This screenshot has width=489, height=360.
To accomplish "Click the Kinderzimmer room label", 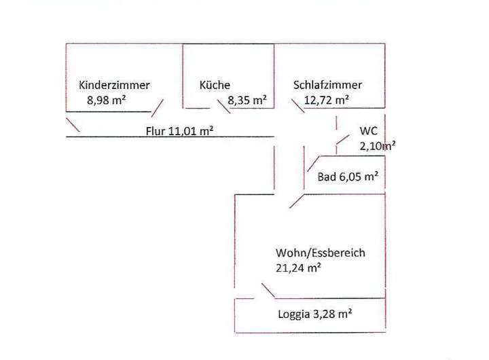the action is tap(114, 85).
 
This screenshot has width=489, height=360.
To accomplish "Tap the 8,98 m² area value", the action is tap(107, 100).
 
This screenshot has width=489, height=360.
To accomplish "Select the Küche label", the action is tap(215, 85).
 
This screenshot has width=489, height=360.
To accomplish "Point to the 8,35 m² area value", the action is tap(247, 100).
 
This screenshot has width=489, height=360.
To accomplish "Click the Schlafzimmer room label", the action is tap(327, 85).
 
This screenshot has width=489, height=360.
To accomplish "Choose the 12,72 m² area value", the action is tap(326, 100).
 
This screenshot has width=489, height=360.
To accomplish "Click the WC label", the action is tap(368, 131).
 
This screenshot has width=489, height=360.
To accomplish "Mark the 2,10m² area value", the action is tap(378, 145).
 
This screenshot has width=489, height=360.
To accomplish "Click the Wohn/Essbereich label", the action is tap(321, 253).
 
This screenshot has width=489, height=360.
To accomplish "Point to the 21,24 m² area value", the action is tap(298, 268).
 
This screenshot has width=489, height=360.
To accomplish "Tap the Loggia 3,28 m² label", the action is tap(314, 314).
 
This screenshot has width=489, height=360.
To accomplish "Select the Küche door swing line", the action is tap(223, 106).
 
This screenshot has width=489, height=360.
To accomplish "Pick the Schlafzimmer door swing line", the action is tap(298, 106).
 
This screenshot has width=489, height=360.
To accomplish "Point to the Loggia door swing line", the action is tap(268, 291).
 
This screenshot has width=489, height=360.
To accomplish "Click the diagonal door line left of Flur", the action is tap(73, 125).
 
